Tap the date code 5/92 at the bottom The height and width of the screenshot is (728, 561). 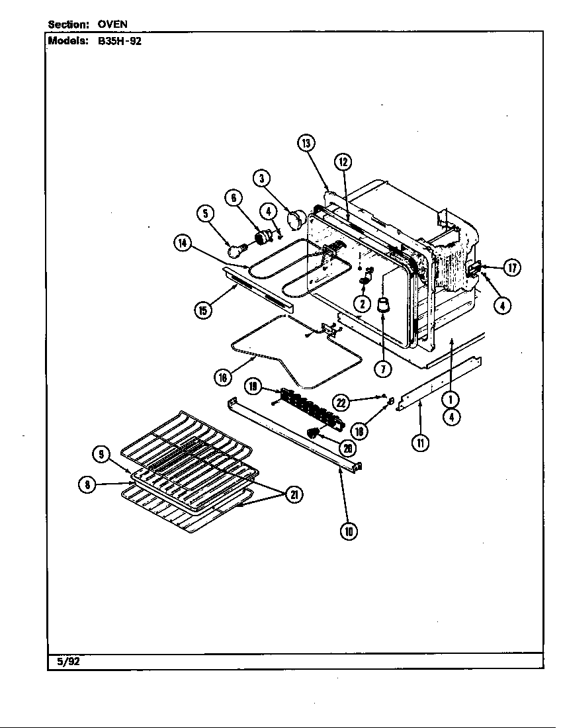[x=64, y=661]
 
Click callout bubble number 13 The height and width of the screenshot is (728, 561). [x=306, y=144]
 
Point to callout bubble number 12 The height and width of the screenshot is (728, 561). [x=342, y=161]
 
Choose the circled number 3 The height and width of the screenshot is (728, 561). [x=262, y=177]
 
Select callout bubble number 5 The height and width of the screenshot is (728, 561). [x=206, y=213]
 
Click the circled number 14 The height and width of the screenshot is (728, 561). [x=183, y=243]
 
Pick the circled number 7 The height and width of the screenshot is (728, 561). [x=382, y=369]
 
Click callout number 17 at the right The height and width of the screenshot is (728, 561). [x=511, y=267]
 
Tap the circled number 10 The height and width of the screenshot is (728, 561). [x=348, y=530]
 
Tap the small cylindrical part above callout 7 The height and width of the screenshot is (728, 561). [x=382, y=306]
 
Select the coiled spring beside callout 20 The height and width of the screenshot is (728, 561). [x=316, y=433]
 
